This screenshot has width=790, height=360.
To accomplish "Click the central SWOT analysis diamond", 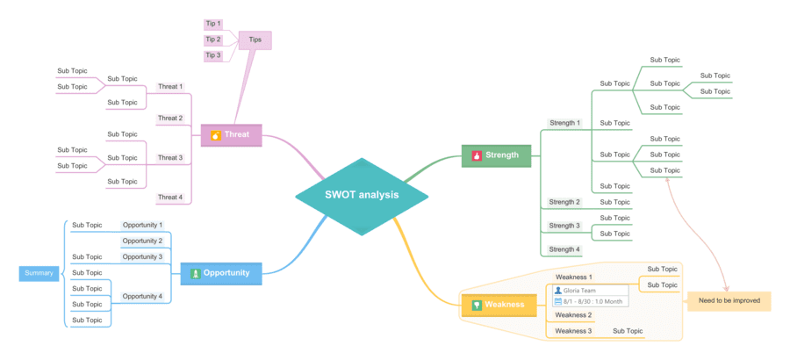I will point(361,196).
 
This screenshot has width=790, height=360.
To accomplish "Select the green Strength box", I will point(496,155).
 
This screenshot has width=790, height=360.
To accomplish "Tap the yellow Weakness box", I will point(498,305).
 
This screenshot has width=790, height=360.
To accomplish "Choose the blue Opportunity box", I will point(220,273).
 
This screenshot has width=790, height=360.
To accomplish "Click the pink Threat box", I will point(231,135).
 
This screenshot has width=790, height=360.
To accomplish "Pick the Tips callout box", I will point(255,40).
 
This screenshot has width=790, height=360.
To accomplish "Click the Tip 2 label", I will point(213,40).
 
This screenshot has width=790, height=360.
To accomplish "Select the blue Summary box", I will point(39,273).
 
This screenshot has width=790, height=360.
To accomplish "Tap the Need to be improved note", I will point(729,300).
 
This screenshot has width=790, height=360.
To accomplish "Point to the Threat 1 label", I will point(170,87).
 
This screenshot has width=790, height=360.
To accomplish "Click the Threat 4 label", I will point(170,198).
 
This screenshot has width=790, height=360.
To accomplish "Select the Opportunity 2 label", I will point(142,241).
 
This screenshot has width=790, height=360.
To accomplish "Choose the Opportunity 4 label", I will point(142,297).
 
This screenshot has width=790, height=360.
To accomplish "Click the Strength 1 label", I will point(564,123).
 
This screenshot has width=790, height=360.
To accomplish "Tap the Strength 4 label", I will point(564,249).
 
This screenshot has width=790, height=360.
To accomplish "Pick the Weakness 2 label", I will point(573,315).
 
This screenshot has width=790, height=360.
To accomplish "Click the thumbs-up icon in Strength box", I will point(477,155).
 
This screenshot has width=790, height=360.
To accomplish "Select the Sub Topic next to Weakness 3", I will point(628,331).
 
